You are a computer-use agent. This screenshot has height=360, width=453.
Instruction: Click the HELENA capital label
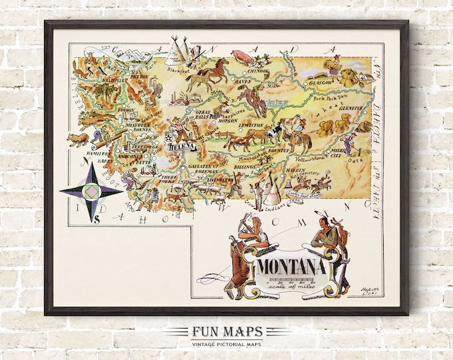coord(181,146)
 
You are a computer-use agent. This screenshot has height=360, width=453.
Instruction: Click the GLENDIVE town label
coord(350,108)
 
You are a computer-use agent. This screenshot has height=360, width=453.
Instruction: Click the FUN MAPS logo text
coord(226,331)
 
